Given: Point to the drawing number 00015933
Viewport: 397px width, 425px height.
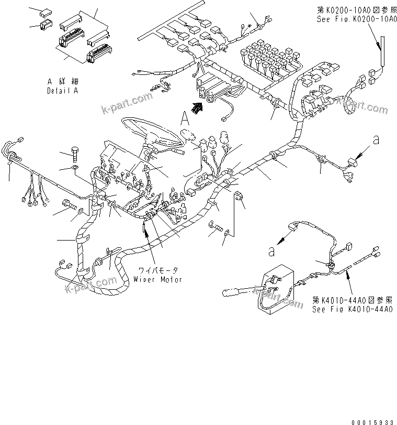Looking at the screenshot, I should click(x=372, y=420).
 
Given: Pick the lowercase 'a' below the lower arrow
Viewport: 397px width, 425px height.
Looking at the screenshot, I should click(x=271, y=251).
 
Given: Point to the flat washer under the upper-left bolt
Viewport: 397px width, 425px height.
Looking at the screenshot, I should click(x=75, y=169).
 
